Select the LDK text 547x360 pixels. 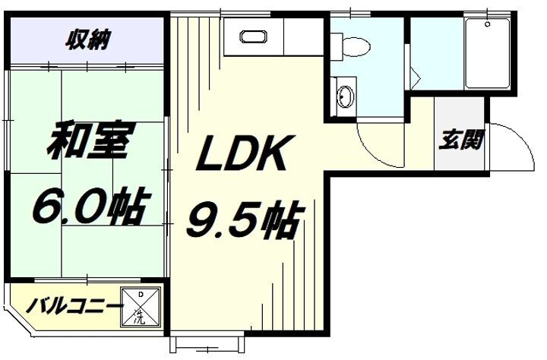pos(242,156)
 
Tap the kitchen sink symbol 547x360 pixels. pos(251,36)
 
